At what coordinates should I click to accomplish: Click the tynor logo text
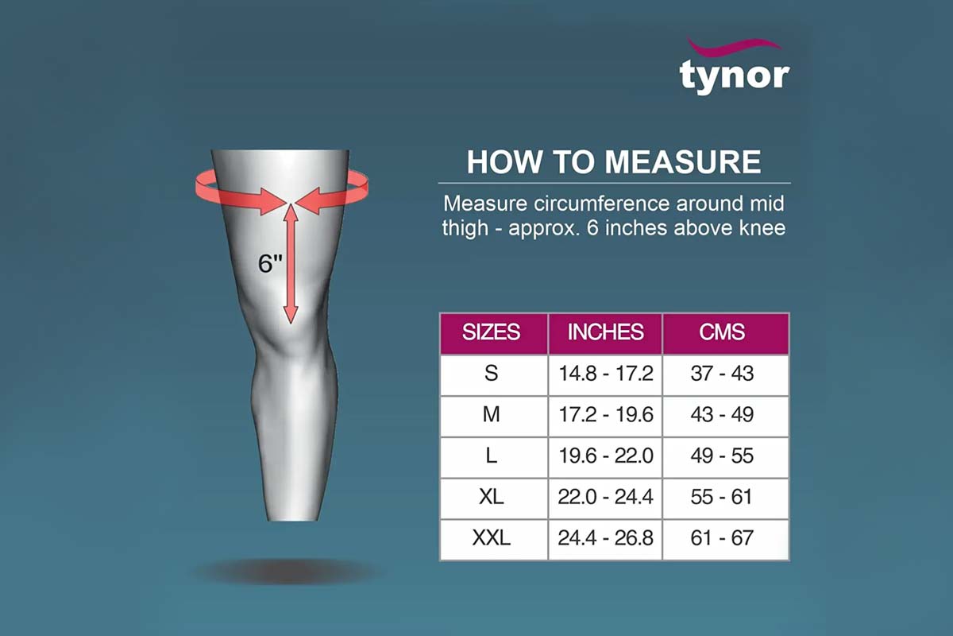[735, 76]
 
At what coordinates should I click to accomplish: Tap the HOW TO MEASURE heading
[614, 162]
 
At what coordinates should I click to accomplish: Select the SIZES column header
[491, 332]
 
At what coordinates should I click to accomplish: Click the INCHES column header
[605, 332]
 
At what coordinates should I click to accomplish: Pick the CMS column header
[722, 332]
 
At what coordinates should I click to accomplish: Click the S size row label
[491, 373]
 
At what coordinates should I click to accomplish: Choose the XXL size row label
[491, 537]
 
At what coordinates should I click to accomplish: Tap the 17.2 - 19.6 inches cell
[605, 414]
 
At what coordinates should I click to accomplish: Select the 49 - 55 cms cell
[722, 456]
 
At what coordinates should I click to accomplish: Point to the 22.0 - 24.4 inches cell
[605, 497]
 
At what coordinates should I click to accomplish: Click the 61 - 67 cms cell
[722, 537]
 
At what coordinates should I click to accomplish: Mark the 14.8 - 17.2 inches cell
[605, 373]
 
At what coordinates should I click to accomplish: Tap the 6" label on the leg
[270, 263]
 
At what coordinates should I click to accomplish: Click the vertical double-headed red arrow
[291, 264]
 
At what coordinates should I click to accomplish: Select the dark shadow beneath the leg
[284, 572]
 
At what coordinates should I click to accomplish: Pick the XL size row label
[491, 497]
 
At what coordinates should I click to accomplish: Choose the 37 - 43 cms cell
[722, 373]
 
